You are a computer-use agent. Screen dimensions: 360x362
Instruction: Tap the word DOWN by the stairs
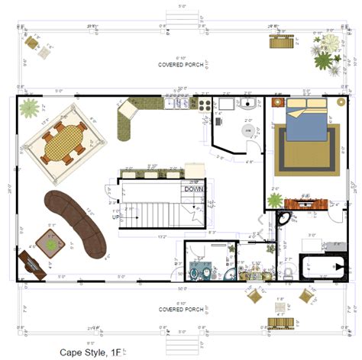[x=194, y=189]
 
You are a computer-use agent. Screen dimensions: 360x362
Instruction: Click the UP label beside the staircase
[x=116, y=217]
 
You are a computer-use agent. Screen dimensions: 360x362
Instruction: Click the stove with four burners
[x=205, y=104]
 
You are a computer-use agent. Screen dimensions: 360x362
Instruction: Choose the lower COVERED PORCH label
[x=180, y=310]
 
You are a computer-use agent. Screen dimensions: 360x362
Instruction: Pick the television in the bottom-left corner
[x=31, y=265]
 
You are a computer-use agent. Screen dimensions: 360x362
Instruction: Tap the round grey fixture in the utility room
[x=247, y=130]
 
